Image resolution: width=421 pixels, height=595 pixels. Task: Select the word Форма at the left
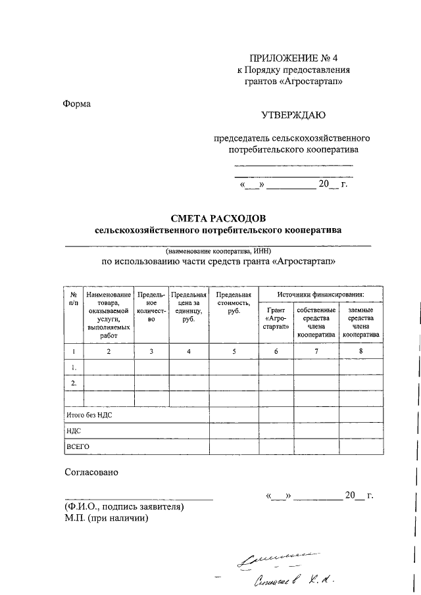click(78, 103)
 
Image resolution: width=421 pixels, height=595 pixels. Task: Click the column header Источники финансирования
click(320, 295)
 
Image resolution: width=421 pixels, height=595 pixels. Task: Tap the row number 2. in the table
click(74, 383)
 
